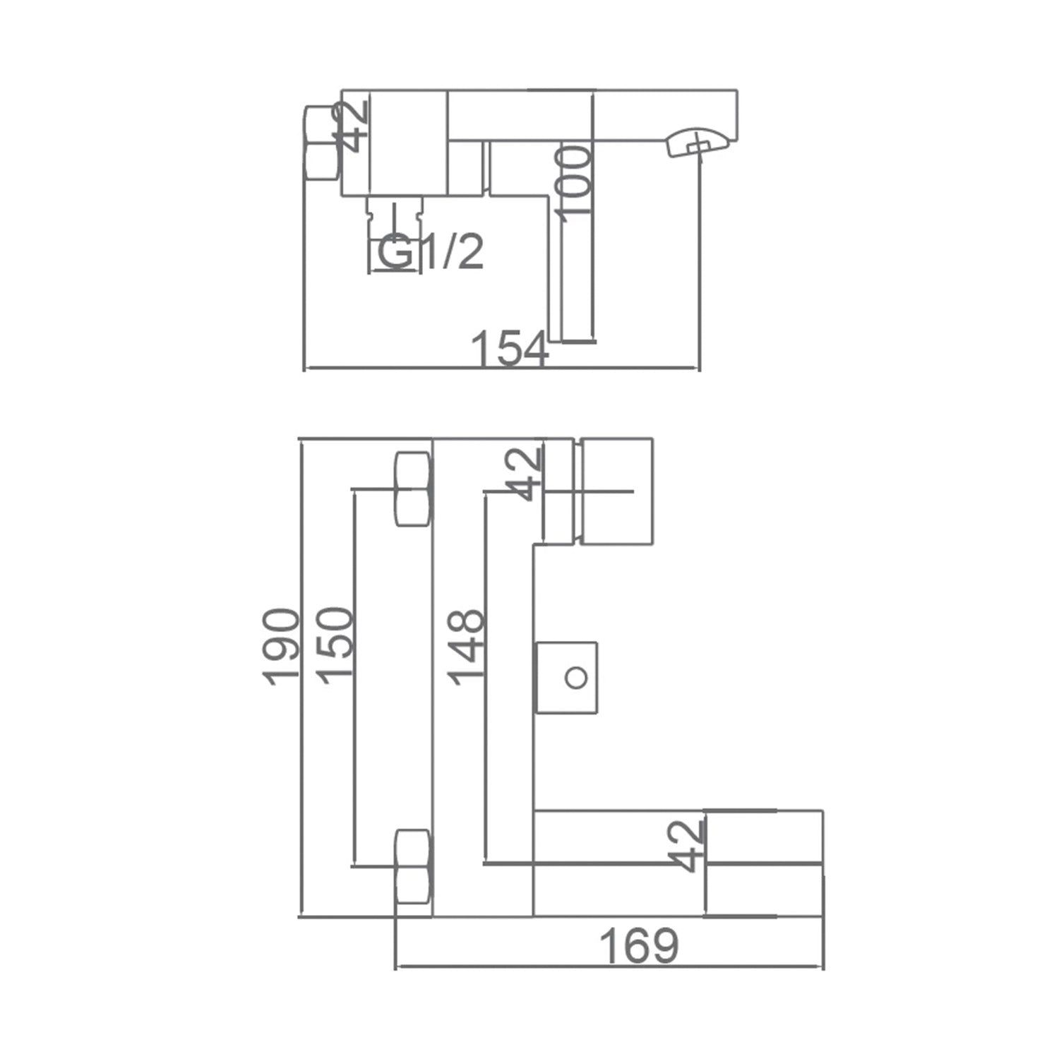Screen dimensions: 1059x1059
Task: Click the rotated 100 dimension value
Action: [x=573, y=181]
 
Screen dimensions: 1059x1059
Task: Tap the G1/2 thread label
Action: [x=431, y=252]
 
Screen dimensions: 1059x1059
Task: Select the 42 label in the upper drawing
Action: [x=352, y=127]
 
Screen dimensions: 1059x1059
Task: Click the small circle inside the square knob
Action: [x=577, y=678]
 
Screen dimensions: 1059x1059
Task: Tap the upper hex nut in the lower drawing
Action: [x=413, y=489]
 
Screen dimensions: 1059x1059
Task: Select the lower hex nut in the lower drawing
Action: [x=413, y=866]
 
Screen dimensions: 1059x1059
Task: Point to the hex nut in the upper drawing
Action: [x=322, y=143]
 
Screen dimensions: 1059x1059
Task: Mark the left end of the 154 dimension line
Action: [x=304, y=368]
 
